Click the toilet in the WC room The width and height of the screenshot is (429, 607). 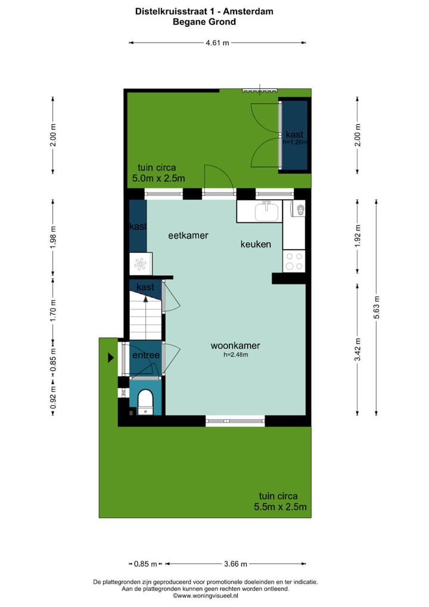tap(145, 401)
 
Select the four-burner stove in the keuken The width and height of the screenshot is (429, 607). tap(294, 261)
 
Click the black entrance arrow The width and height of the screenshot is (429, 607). tap(110, 358)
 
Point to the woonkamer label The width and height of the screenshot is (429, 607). tap(235, 346)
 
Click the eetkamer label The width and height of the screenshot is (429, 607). tap(188, 236)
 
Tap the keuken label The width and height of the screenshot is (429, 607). tap(256, 244)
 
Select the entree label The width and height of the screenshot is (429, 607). tap(145, 356)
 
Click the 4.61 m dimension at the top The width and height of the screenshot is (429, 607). tap(217, 42)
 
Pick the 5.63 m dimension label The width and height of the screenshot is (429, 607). tap(377, 307)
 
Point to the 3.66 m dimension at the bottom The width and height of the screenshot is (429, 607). tap(236, 563)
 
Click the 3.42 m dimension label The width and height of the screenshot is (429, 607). tap(357, 350)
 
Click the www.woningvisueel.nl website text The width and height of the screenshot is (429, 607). tap(205, 595)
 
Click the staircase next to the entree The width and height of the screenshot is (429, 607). tap(146, 319)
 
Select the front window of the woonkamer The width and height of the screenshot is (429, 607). tap(236, 420)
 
